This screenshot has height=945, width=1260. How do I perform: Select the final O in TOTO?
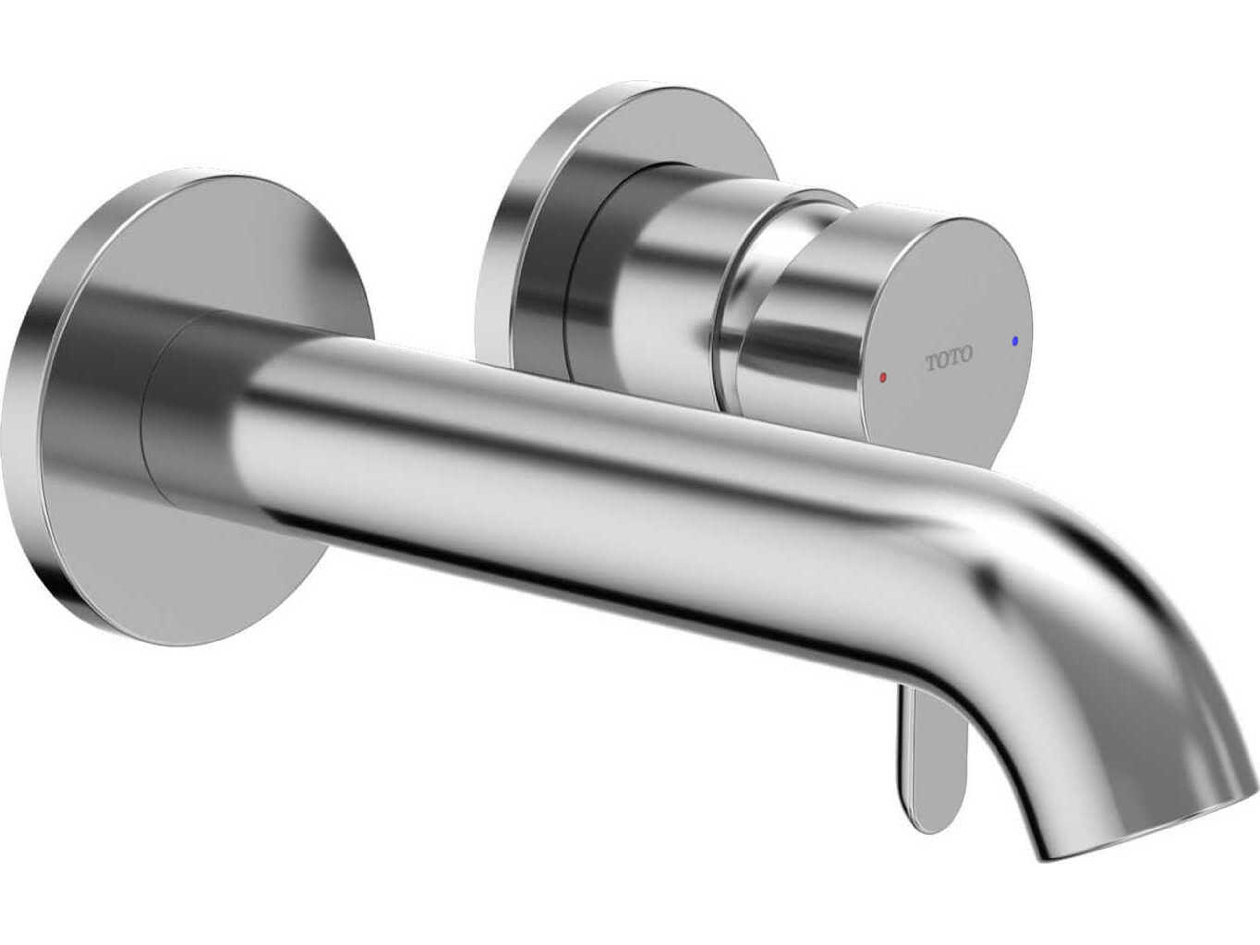click(965, 354)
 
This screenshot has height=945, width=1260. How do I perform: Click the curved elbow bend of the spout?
click(1054, 570)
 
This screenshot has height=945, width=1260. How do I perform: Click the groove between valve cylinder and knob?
click(735, 319)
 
